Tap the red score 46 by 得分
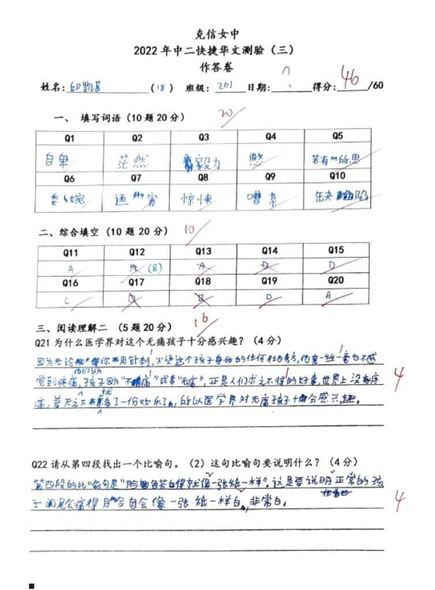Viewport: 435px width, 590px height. (x=351, y=77)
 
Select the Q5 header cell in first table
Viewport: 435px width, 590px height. (x=337, y=137)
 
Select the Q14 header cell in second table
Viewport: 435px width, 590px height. (x=269, y=251)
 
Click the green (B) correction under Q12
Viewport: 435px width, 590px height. (x=154, y=268)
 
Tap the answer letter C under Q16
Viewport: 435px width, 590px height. (x=67, y=300)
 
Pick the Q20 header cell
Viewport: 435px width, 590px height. (x=336, y=281)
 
